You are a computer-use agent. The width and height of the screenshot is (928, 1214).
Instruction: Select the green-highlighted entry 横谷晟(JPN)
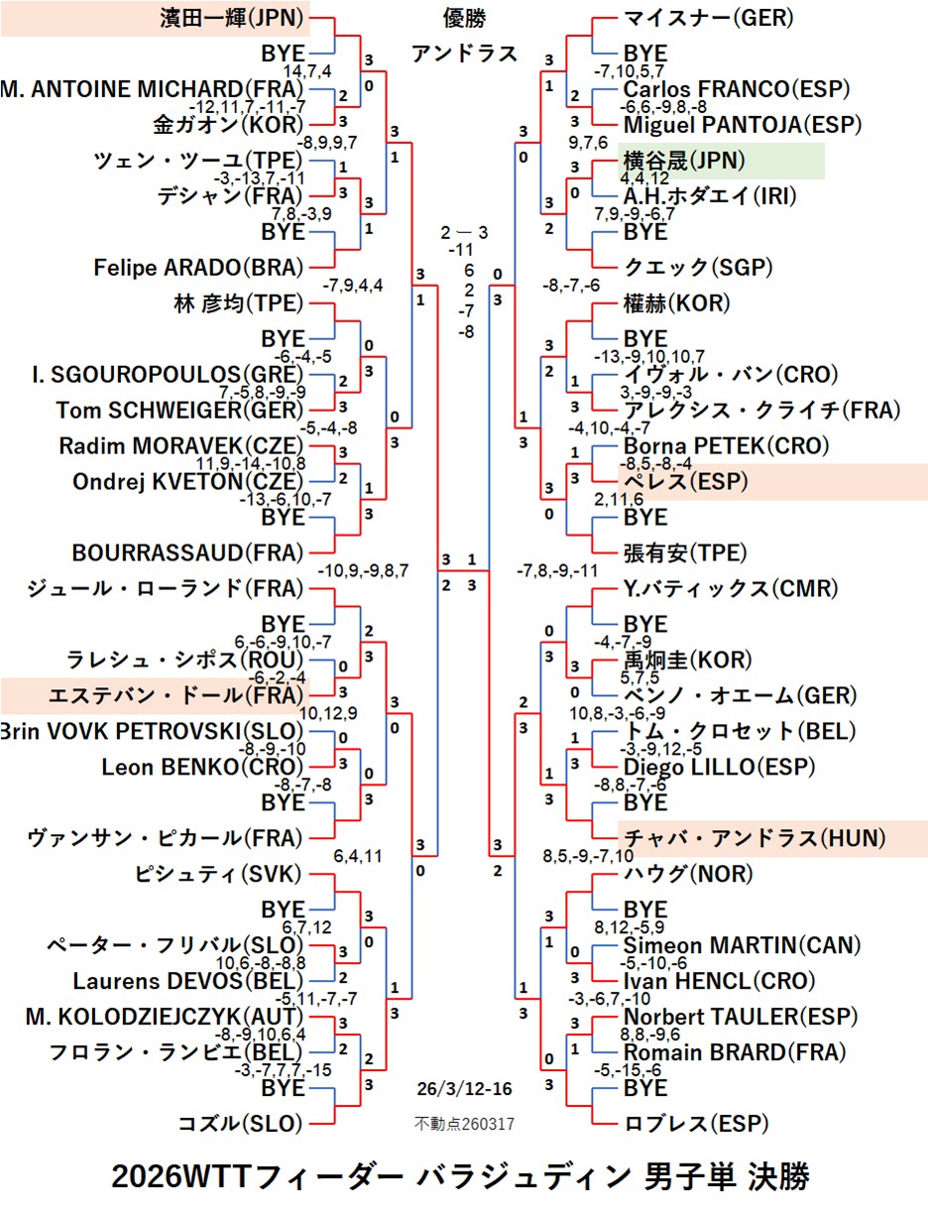coord(684,161)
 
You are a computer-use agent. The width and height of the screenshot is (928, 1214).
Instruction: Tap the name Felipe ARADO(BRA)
coord(198,268)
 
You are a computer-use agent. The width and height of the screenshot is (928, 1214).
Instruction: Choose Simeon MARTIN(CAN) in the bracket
coord(728,945)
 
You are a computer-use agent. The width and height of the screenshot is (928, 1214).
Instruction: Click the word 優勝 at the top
coord(464,18)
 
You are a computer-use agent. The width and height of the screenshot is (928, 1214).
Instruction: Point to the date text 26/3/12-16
coord(464,1089)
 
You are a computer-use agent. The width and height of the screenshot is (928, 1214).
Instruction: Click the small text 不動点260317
coord(464,1124)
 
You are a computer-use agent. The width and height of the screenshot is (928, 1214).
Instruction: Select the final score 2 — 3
coord(465,233)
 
